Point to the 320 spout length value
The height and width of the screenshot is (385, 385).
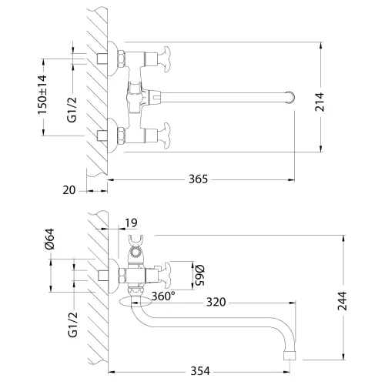point(216,303)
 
